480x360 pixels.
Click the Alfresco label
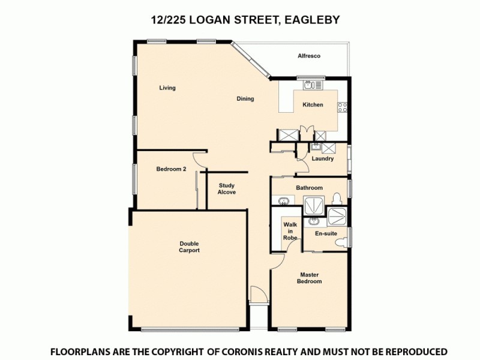[309, 56]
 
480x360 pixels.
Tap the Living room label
[167, 88]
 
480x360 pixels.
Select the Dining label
[245, 99]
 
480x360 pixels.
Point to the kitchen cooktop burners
[343, 107]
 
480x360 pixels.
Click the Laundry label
[322, 159]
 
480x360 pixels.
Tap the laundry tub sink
[316, 146]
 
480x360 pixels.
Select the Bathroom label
[309, 188]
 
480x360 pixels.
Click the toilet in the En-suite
[341, 242]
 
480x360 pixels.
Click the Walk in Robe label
[290, 231]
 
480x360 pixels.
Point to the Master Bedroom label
[310, 278]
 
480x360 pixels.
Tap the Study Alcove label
[226, 189]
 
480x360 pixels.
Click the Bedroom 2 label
[171, 169]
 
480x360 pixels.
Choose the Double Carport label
[189, 247]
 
